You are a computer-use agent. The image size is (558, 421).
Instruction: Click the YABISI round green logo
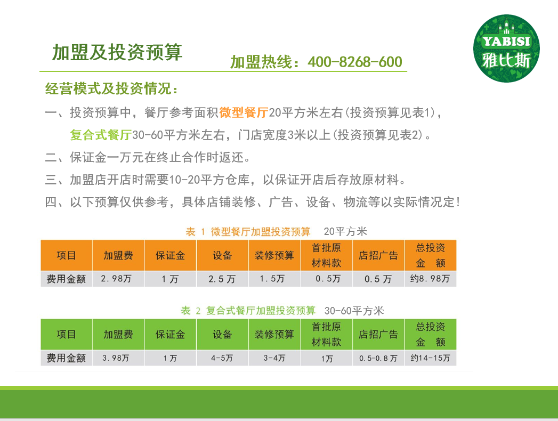pyautogui.click(x=506, y=48)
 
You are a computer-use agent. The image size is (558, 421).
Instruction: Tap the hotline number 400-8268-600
pyautogui.click(x=355, y=62)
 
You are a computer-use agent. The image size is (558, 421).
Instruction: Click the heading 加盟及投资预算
pyautogui.click(x=117, y=52)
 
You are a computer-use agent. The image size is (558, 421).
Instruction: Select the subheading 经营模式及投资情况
pyautogui.click(x=111, y=88)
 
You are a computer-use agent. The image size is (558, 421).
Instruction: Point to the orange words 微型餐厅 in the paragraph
pyautogui.click(x=244, y=112)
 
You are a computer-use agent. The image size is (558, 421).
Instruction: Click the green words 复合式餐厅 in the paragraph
pyautogui.click(x=101, y=135)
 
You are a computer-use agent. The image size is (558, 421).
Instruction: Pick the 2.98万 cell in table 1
pyautogui.click(x=118, y=279)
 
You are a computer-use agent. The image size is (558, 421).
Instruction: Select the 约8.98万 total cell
pyautogui.click(x=430, y=279)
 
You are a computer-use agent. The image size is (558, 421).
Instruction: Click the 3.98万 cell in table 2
pyautogui.click(x=118, y=358)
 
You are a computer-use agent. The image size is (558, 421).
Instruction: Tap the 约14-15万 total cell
pyautogui.click(x=430, y=358)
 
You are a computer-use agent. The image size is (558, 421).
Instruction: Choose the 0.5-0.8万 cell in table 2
pyautogui.click(x=378, y=358)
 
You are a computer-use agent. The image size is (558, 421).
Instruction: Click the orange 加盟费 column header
pyautogui.click(x=118, y=255)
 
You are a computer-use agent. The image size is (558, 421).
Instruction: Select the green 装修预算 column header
pyautogui.click(x=274, y=335)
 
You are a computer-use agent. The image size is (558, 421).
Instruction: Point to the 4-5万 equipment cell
pyautogui.click(x=222, y=358)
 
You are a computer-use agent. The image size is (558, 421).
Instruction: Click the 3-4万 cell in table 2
pyautogui.click(x=274, y=358)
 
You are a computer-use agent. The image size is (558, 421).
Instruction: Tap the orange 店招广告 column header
pyautogui.click(x=378, y=255)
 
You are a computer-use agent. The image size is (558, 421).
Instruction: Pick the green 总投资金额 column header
pyautogui.click(x=430, y=335)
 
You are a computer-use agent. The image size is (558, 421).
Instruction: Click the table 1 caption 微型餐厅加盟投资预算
pyautogui.click(x=261, y=232)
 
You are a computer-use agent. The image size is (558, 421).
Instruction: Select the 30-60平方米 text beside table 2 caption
pyautogui.click(x=354, y=311)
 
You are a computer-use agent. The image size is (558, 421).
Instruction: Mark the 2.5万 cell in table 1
pyautogui.click(x=222, y=279)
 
